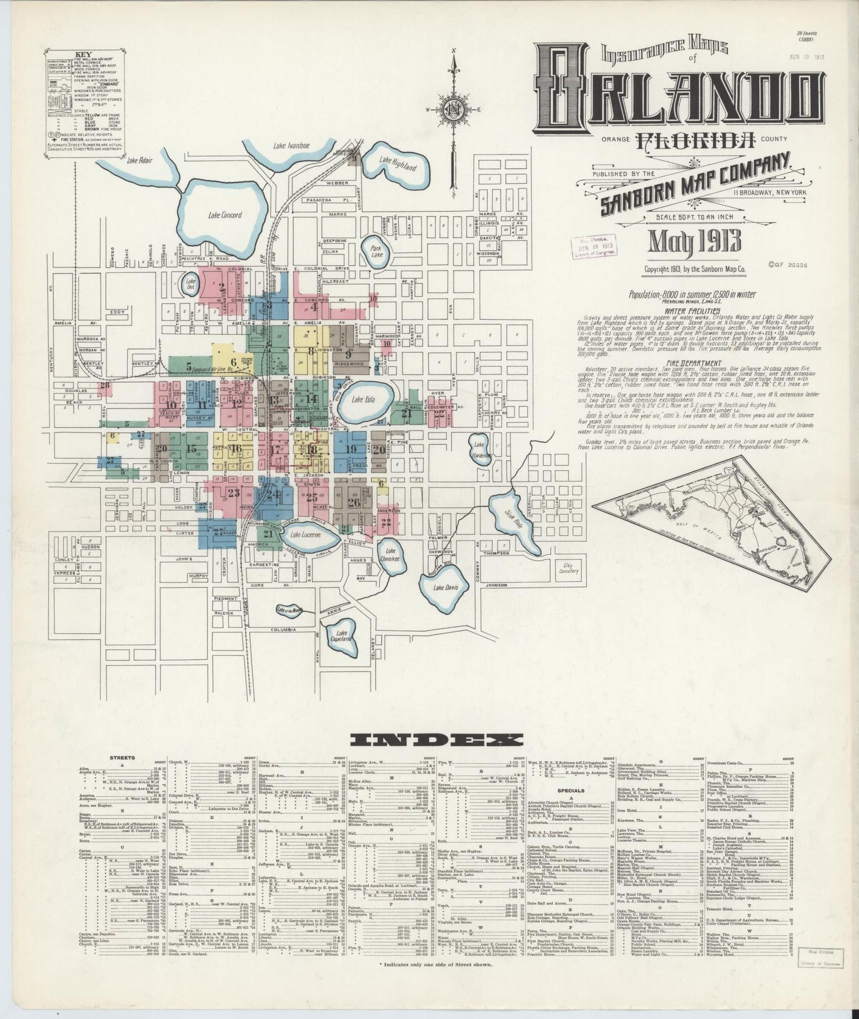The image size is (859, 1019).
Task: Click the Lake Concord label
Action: point(225,215)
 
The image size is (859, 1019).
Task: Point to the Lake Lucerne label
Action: point(307,534)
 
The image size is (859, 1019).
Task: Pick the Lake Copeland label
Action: point(341,636)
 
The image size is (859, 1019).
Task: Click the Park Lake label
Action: point(375,251)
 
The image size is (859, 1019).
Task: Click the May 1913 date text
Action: point(693,243)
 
